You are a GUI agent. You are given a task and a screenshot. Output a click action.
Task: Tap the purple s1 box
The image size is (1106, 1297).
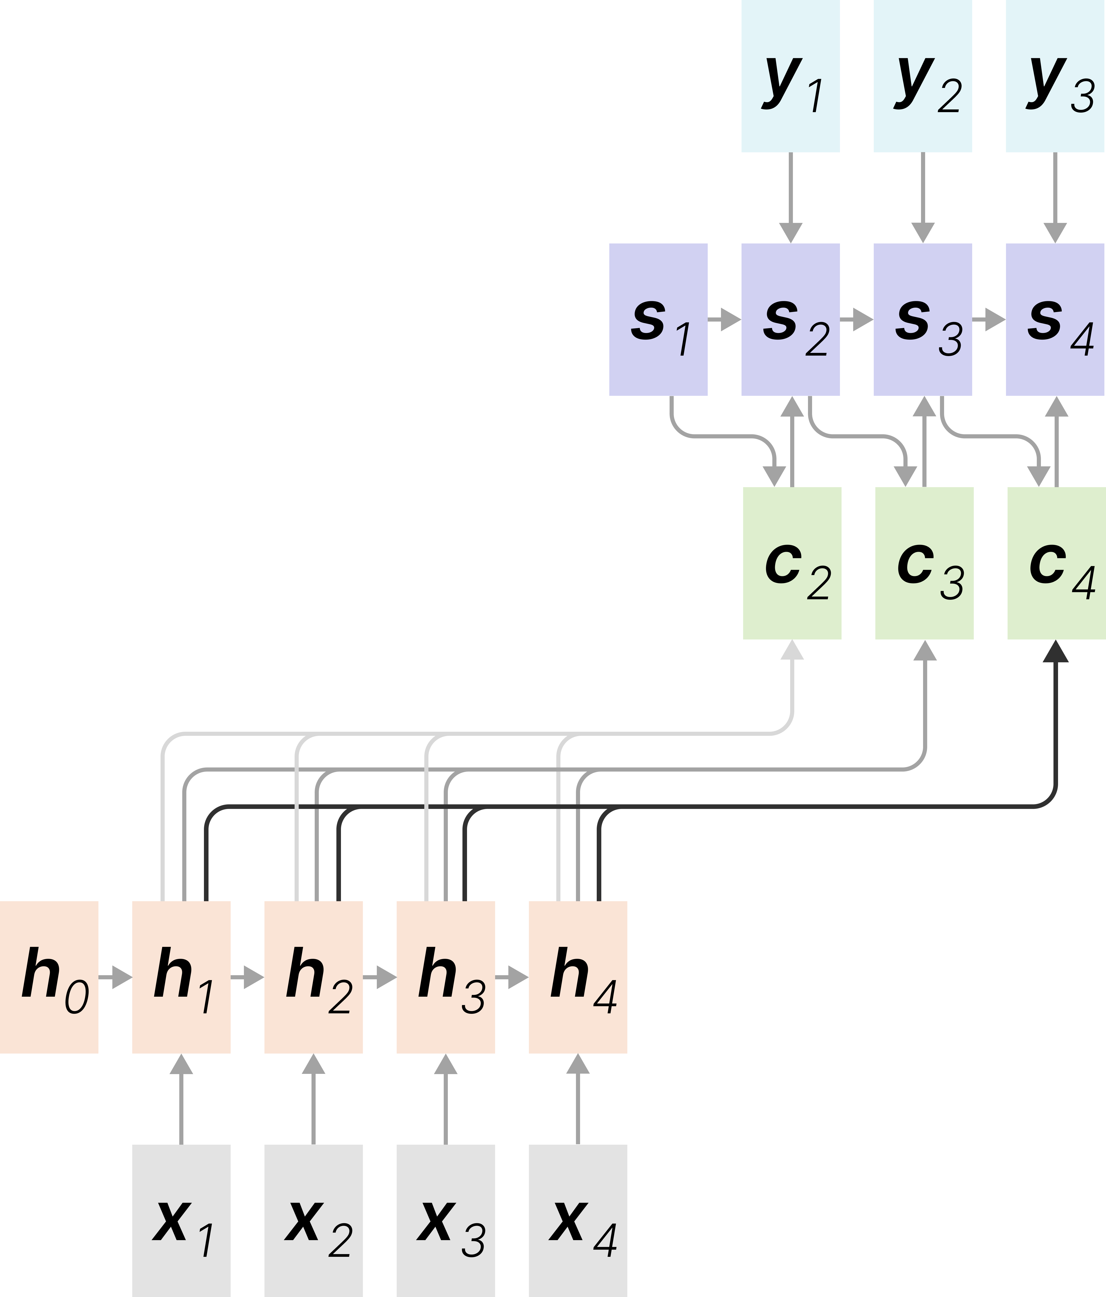point(658,319)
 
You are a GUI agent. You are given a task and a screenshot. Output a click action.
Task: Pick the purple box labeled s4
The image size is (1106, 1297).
point(1055,319)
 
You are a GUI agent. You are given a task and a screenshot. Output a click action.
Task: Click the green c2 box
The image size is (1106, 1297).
point(792,563)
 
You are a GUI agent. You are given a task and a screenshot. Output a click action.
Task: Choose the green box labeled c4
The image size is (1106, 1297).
point(1056,563)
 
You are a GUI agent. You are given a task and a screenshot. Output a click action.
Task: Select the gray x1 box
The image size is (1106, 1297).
point(181,1221)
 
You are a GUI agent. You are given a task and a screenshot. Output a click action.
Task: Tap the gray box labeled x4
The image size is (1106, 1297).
point(578,1221)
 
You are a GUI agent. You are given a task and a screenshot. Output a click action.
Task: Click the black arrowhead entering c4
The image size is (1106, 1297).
point(1056,652)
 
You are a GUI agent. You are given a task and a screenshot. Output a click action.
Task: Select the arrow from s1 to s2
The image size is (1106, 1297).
point(725,319)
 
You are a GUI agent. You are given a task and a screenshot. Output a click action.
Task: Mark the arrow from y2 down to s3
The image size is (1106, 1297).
point(923,197)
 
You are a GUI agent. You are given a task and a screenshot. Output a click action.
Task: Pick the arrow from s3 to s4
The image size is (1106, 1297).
point(989,319)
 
